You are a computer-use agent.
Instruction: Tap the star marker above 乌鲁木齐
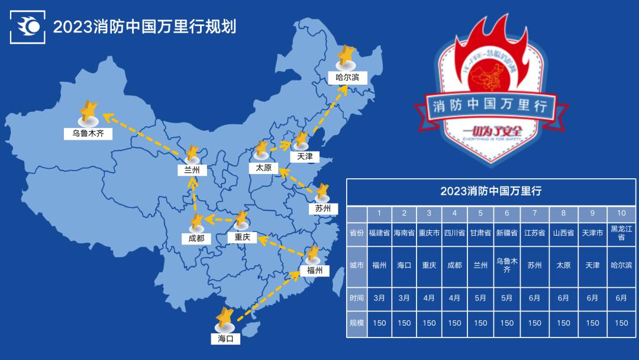(89, 111)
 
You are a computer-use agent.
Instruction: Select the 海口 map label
(225, 339)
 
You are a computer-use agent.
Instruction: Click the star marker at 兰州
(192, 155)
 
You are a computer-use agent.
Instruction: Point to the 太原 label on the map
(264, 168)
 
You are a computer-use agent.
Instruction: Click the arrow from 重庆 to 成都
(220, 220)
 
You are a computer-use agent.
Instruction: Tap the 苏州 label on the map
(322, 208)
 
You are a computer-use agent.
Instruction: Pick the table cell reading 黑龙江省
(621, 233)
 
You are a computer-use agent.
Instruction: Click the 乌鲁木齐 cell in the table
(507, 265)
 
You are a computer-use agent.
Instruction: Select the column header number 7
(534, 213)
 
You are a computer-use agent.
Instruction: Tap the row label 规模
(357, 323)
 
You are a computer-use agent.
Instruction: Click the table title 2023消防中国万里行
(491, 191)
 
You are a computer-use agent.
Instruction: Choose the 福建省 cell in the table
(379, 233)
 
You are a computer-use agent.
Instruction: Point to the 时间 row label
(357, 298)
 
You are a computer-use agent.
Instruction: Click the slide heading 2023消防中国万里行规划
(144, 27)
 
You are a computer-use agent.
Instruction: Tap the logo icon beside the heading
(28, 27)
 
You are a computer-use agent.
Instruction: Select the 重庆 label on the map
(242, 237)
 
